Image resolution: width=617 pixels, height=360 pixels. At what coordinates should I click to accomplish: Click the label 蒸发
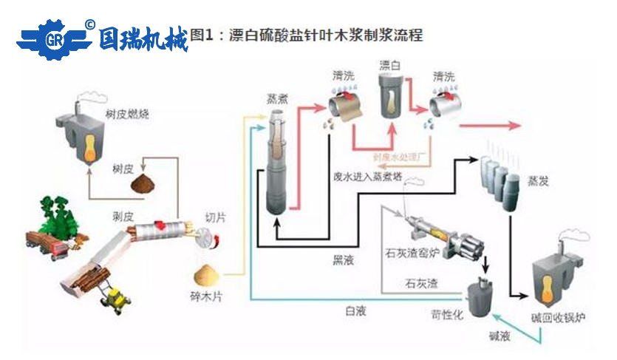tap(538, 180)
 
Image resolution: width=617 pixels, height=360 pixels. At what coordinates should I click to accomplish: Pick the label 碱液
tap(500, 336)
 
